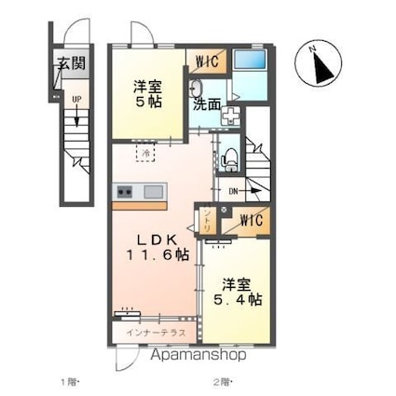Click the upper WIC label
pyautogui.click(x=207, y=61)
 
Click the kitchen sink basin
pyautogui.click(x=153, y=192)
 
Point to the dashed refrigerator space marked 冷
pyautogui.click(x=145, y=149)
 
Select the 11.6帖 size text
pyautogui.click(x=159, y=253)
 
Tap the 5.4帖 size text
pyautogui.click(x=241, y=300)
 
